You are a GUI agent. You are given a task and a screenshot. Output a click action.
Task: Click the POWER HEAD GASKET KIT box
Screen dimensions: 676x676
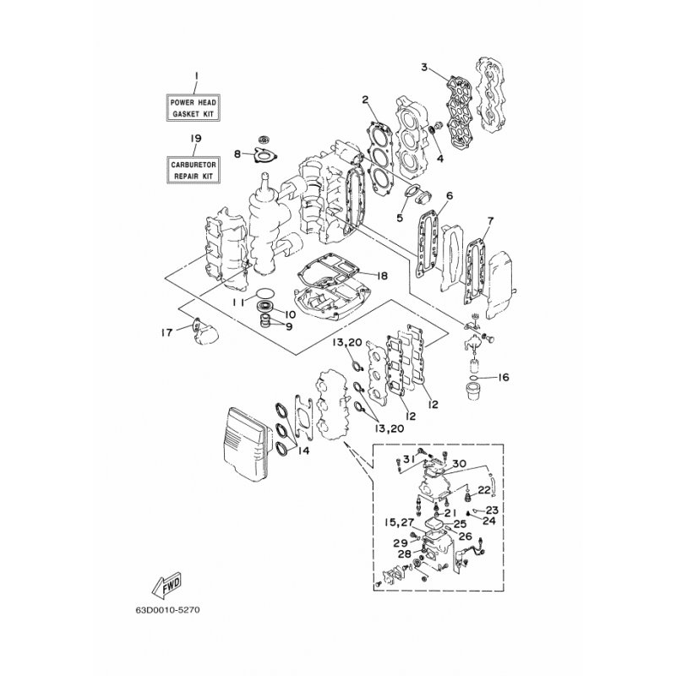coord(194,108)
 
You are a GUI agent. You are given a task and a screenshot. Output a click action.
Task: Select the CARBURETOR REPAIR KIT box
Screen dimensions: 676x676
coord(194,171)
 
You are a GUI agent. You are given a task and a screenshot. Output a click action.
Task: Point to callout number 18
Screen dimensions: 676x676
coord(382,276)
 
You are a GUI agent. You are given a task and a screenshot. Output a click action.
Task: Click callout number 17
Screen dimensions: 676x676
coord(166,332)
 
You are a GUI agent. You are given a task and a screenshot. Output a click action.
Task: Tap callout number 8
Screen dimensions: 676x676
coord(237,154)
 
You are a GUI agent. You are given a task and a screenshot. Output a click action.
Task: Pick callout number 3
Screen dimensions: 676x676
coord(425,68)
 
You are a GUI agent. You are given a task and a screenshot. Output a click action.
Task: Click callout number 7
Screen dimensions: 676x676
coord(490,221)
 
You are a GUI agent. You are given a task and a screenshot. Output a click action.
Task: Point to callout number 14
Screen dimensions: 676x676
coord(303,451)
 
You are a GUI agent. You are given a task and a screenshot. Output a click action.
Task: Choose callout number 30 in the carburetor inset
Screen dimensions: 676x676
coord(460,464)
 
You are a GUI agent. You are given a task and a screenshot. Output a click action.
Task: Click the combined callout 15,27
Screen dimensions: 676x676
coord(399,523)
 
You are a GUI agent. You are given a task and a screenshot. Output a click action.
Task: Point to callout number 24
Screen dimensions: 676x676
coord(489,521)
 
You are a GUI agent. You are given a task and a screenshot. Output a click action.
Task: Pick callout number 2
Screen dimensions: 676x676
coord(366,100)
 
